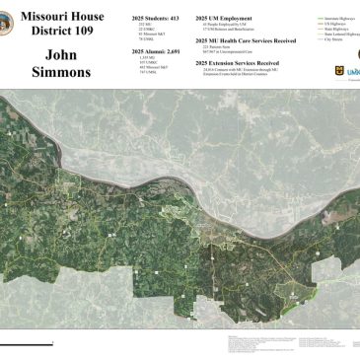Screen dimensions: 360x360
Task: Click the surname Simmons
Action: coord(61,72)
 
